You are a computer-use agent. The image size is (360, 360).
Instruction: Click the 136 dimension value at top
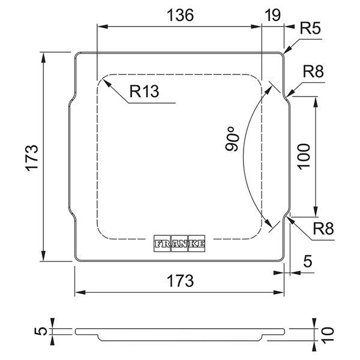[180, 16]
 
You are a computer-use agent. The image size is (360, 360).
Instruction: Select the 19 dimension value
[273, 16]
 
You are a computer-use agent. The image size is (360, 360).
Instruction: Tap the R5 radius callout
[310, 28]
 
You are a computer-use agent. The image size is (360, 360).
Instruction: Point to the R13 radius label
[144, 91]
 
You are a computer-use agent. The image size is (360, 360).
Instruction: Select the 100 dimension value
[304, 157]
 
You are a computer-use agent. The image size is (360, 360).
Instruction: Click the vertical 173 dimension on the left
[31, 158]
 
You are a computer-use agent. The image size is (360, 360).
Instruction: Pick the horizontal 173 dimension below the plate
[180, 281]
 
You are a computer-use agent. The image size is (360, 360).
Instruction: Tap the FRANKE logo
[179, 244]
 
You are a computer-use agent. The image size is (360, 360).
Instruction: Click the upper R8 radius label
[313, 71]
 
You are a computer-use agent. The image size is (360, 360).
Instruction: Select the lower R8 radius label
[323, 229]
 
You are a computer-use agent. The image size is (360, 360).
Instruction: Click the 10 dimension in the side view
[327, 335]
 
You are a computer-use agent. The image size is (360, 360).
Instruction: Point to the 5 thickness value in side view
[41, 331]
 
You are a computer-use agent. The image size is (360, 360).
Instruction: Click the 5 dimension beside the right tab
[308, 261]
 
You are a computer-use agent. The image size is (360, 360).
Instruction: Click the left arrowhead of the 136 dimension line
[103, 26]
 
